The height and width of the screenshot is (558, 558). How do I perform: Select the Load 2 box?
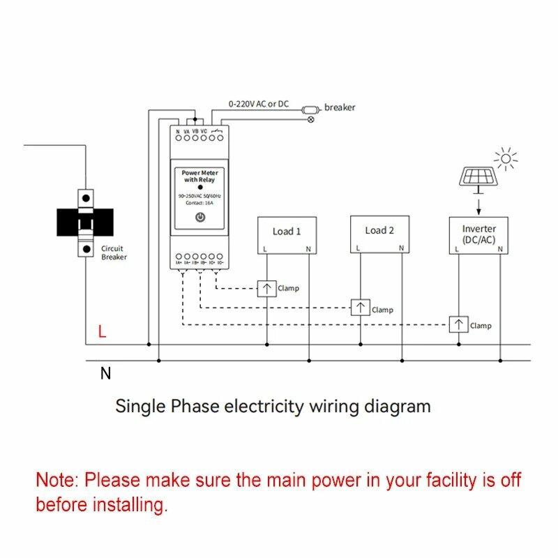pyautogui.click(x=379, y=234)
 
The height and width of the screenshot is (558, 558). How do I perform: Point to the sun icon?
pyautogui.click(x=507, y=158)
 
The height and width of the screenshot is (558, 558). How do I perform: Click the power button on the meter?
pyautogui.click(x=200, y=218)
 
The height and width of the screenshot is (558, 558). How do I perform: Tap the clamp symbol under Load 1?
pyautogui.click(x=267, y=288)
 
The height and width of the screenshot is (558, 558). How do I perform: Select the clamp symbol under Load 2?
pyautogui.click(x=360, y=308)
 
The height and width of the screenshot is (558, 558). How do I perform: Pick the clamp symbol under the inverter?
pyautogui.click(x=458, y=324)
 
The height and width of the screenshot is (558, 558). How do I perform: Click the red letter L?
pyautogui.click(x=103, y=333)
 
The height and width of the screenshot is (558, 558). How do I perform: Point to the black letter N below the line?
pyautogui.click(x=105, y=373)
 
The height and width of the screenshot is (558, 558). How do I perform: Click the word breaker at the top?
pyautogui.click(x=340, y=107)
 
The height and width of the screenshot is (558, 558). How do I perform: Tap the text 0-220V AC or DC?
pyautogui.click(x=258, y=104)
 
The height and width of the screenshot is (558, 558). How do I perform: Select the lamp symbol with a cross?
pyautogui.click(x=311, y=119)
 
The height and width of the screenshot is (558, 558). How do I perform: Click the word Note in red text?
pyautogui.click(x=57, y=480)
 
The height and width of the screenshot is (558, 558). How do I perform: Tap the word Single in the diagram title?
pyautogui.click(x=139, y=406)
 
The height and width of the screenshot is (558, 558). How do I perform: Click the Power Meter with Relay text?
pyautogui.click(x=199, y=176)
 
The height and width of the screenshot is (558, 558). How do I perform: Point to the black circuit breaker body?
pyautogui.click(x=84, y=223)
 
